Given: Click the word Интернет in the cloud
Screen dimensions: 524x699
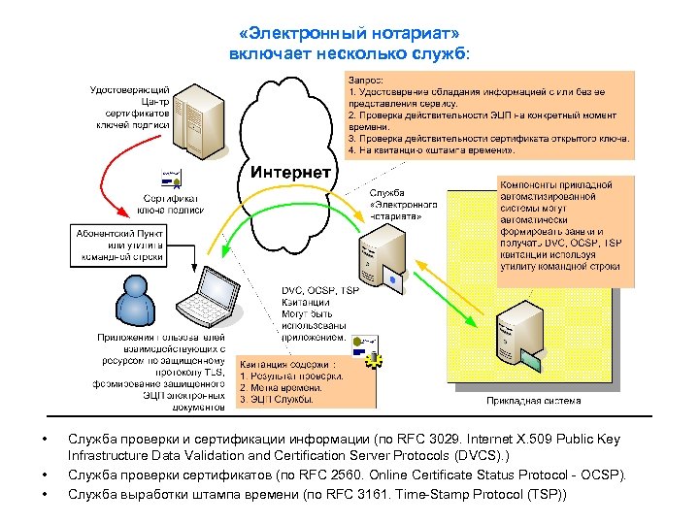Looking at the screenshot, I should point(291,173).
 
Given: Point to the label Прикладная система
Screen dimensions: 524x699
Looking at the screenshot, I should point(533,400).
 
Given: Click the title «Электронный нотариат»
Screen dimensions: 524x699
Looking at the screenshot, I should point(349,35).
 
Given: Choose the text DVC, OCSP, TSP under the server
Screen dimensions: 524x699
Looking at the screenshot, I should point(320,290).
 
